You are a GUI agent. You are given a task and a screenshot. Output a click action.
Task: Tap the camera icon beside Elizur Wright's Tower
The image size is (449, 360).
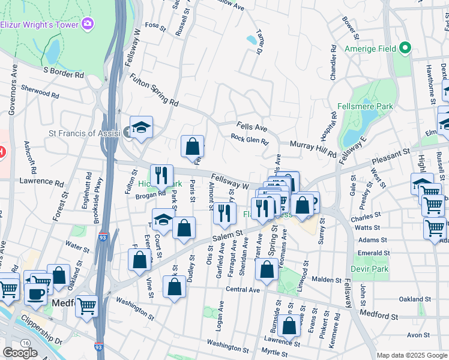(88, 24)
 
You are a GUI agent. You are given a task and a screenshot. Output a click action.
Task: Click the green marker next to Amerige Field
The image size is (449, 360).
(405, 47)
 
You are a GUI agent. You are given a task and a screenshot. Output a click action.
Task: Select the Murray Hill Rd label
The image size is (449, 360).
(312, 150)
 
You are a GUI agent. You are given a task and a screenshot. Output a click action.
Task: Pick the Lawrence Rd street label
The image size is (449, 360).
(41, 182)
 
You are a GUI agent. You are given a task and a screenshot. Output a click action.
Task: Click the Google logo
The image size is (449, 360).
(20, 353)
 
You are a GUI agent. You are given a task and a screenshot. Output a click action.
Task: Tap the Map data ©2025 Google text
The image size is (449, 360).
(411, 355)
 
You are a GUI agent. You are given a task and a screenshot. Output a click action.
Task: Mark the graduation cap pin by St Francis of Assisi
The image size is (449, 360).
(142, 128)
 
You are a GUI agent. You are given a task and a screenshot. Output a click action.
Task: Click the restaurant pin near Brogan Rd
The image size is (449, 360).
(161, 175)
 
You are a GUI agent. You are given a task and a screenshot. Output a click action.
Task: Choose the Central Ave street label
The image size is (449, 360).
(243, 290)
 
